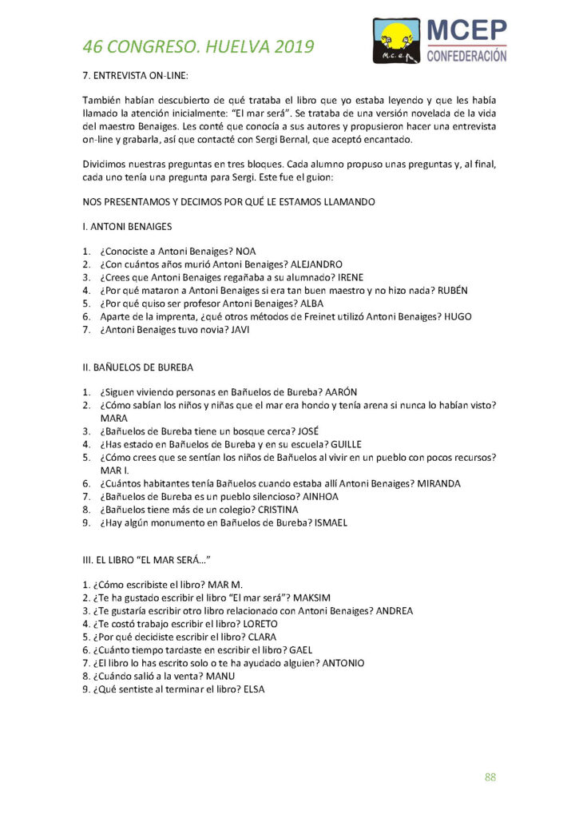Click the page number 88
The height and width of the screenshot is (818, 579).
[490, 776]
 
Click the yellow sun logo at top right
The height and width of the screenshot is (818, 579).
[397, 37]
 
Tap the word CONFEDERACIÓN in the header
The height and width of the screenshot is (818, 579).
[467, 55]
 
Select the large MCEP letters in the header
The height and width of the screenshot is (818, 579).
[467, 30]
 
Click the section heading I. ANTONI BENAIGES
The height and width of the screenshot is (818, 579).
[127, 226]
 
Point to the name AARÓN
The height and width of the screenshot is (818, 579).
[341, 391]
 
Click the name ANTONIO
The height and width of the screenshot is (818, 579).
[343, 663]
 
